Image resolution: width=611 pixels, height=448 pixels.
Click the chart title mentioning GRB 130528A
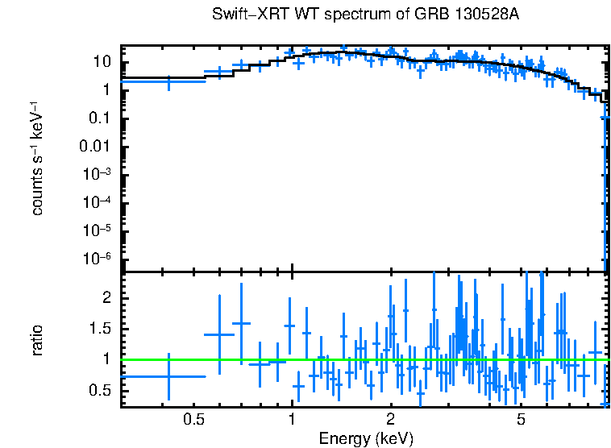(x=360, y=15)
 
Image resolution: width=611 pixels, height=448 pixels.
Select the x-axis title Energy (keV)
(x=366, y=438)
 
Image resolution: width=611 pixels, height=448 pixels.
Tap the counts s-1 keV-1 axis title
(x=38, y=158)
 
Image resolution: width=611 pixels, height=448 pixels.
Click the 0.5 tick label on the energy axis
(x=192, y=420)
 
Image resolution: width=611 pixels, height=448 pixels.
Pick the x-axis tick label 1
(x=292, y=420)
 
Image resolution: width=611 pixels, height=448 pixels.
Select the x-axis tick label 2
(x=390, y=420)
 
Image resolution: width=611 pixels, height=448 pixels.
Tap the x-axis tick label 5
(x=521, y=420)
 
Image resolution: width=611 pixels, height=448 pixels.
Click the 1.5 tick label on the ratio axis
(x=99, y=329)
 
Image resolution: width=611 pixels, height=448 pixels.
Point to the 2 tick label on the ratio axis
(x=106, y=298)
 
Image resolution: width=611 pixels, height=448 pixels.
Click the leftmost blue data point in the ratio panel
(x=168, y=376)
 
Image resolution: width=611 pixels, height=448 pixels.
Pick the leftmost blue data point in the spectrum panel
(x=168, y=81)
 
